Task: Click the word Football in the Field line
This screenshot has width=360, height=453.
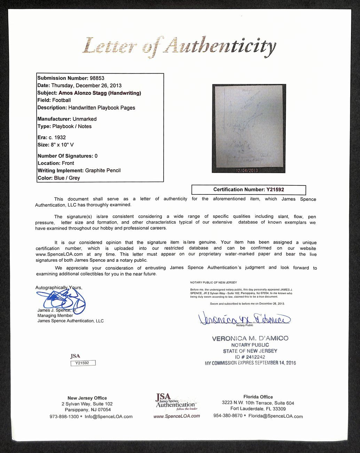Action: point(61,100)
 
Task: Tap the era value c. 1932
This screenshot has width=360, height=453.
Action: point(57,137)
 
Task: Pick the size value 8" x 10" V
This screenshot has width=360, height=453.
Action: point(62,145)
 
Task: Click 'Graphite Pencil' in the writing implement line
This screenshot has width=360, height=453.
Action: point(103,170)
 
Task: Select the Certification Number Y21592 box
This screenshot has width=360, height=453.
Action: point(249,190)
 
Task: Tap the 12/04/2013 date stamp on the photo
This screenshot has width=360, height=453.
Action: point(247,170)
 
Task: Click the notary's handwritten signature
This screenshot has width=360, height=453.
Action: point(244,318)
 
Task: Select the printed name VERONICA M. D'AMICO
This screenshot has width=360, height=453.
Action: point(250,338)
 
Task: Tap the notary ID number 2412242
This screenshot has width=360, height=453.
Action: point(255,357)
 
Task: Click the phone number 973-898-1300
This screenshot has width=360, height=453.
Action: point(64,416)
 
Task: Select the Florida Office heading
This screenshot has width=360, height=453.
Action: point(258,397)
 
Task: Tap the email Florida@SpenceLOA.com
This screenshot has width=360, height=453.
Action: point(275,416)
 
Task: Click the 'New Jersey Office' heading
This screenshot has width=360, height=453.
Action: point(87,398)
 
